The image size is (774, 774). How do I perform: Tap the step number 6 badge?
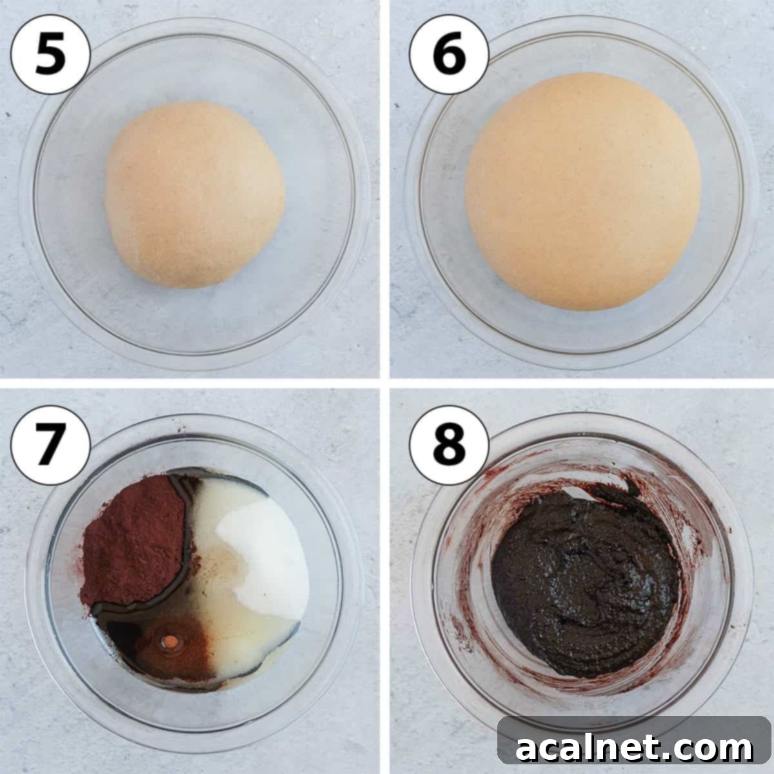[x=449, y=54]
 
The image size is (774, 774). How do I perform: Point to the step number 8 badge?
[x=449, y=444]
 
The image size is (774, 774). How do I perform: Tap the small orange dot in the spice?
[x=171, y=641]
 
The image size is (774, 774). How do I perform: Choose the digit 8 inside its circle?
[x=449, y=444]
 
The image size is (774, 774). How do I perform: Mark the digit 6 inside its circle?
[x=449, y=54]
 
